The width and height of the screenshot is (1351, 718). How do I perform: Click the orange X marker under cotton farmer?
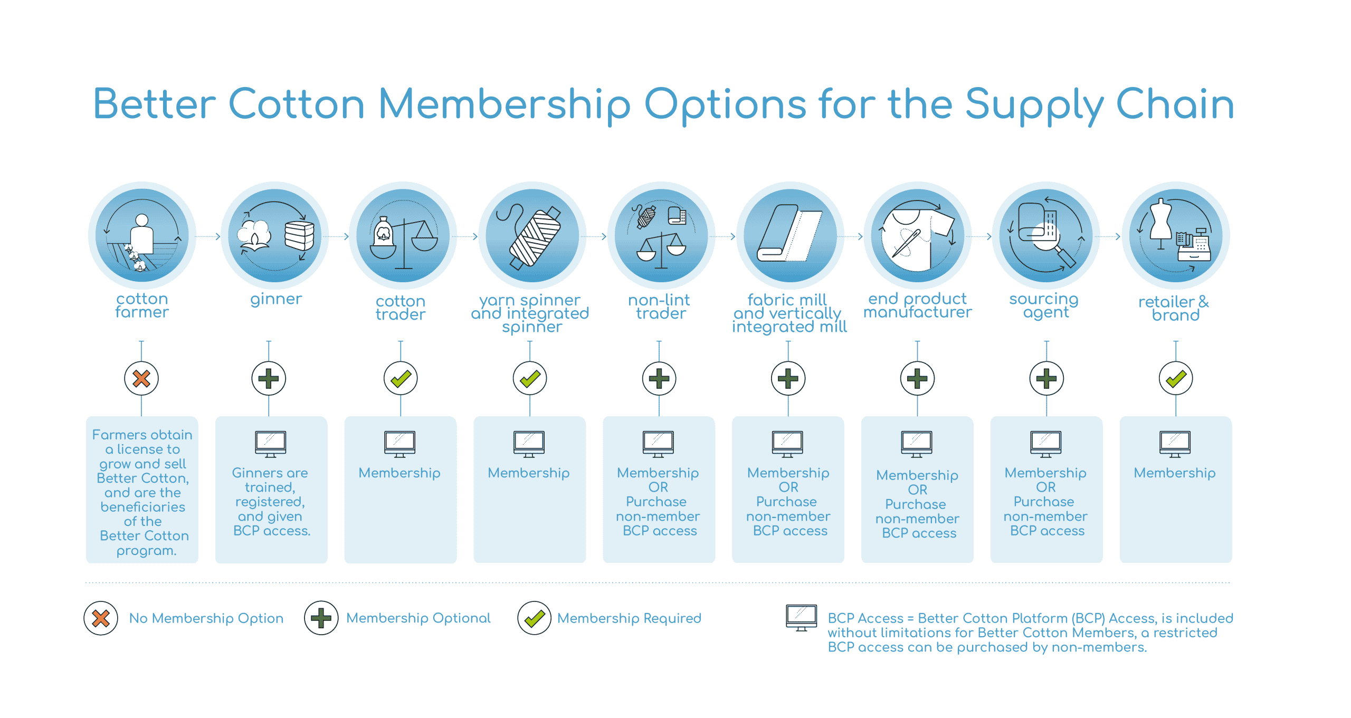tap(141, 378)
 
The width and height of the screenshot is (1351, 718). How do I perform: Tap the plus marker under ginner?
tap(269, 378)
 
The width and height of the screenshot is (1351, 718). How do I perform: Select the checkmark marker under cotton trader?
tap(401, 378)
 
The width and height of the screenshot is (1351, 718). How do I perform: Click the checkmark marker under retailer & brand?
tap(1175, 378)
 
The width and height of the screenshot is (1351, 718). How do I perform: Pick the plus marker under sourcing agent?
tap(1046, 378)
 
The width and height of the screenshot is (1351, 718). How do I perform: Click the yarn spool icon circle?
tap(532, 235)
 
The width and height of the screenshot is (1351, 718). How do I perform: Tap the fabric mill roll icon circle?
tap(789, 235)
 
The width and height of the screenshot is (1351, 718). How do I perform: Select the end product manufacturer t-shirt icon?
tap(918, 235)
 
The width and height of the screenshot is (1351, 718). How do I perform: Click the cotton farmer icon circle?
tap(142, 235)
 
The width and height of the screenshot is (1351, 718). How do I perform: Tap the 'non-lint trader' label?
tap(660, 307)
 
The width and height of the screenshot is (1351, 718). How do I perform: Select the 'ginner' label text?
tap(276, 299)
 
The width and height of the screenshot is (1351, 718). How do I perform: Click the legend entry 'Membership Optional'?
tap(418, 618)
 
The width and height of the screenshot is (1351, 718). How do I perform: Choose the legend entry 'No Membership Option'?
tap(206, 618)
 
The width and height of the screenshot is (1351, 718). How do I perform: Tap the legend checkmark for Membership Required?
tap(534, 618)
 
